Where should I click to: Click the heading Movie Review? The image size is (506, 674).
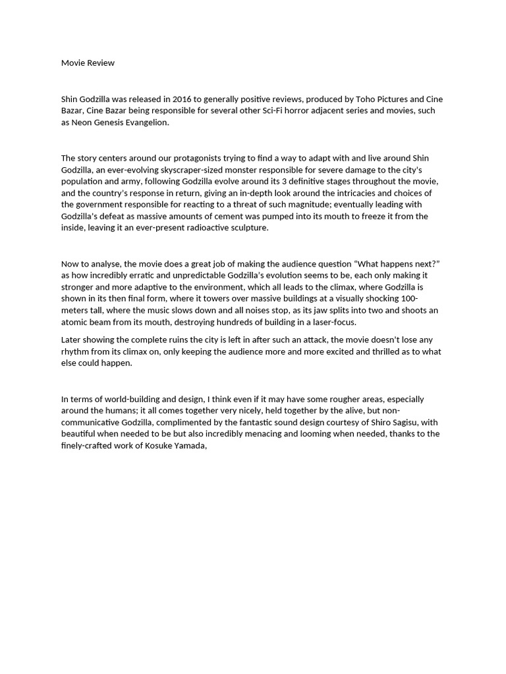[88, 63]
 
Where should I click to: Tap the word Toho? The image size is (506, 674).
[356, 99]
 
